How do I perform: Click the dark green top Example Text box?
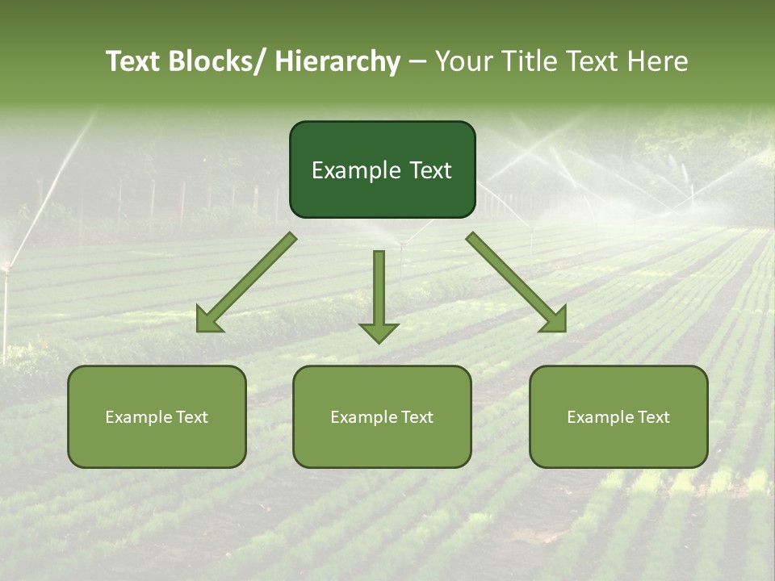(x=382, y=169)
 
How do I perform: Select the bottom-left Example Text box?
(x=157, y=416)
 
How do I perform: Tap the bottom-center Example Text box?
(x=382, y=416)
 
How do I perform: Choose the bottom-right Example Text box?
(x=618, y=416)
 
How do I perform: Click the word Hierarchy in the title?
(x=337, y=61)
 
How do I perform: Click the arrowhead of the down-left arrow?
(x=209, y=320)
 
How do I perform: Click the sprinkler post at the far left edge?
(x=6, y=307)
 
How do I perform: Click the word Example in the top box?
(x=355, y=170)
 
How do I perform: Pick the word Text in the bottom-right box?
(x=653, y=416)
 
